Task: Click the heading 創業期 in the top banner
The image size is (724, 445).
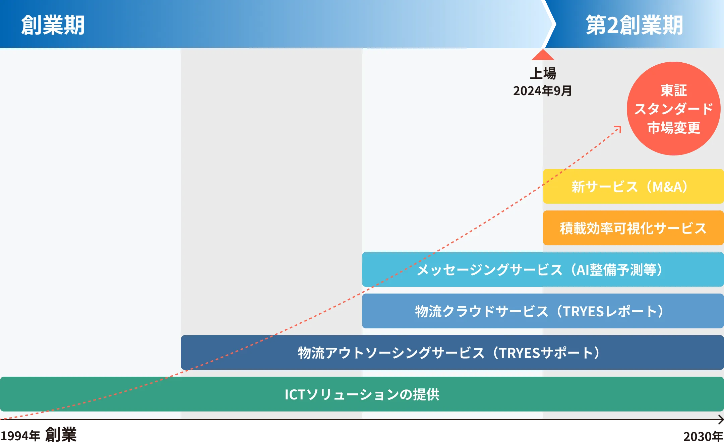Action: (x=53, y=25)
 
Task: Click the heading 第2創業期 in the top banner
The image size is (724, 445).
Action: (x=634, y=25)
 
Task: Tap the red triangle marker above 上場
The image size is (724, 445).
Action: (x=543, y=55)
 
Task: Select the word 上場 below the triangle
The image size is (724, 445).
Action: (x=543, y=73)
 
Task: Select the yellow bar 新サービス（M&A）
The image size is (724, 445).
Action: (x=633, y=186)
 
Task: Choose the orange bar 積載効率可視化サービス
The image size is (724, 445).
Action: (x=633, y=228)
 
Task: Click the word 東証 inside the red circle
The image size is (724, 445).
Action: (x=674, y=90)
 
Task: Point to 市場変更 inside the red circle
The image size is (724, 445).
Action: (x=674, y=128)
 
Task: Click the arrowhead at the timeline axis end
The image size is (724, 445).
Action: (x=721, y=419)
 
